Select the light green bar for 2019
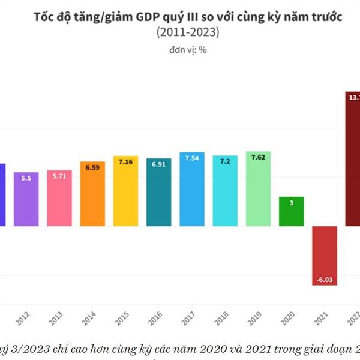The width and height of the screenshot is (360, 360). [x=258, y=189]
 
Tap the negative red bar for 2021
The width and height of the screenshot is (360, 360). [x=325, y=256]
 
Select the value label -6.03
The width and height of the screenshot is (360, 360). [x=325, y=279]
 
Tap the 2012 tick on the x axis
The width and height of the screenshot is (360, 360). [x=23, y=316]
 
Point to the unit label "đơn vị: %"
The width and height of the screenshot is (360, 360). [x=187, y=50]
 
